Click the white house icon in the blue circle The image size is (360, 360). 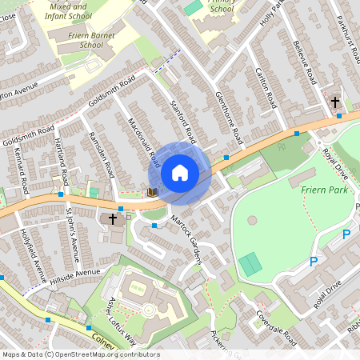(180, 172)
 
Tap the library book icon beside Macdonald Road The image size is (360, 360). (151, 192)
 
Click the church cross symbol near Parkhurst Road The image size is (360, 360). (335, 102)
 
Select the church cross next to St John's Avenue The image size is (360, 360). (113, 218)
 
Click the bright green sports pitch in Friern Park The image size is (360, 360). (250, 263)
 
